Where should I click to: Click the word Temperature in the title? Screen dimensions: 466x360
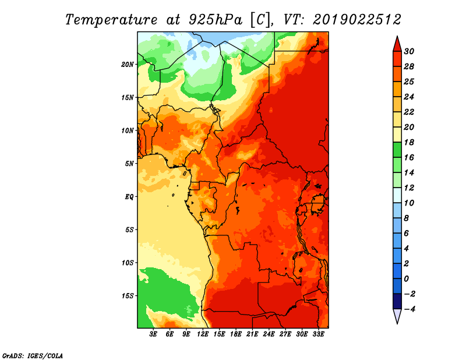click(x=111, y=20)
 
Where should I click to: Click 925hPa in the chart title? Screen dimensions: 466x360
click(x=216, y=20)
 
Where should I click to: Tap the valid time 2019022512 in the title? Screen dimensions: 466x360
click(x=357, y=20)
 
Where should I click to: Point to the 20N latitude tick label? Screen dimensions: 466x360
click(x=128, y=65)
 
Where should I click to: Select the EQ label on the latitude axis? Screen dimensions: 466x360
click(x=129, y=197)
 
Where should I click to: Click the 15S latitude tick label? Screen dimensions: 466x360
click(x=128, y=296)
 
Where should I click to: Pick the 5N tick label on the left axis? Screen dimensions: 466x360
click(x=129, y=164)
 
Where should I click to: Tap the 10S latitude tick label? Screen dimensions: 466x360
click(x=128, y=263)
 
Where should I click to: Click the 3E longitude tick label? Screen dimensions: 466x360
click(x=153, y=334)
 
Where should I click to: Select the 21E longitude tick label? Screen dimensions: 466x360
click(x=252, y=334)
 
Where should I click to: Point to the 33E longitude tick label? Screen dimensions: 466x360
click(x=318, y=334)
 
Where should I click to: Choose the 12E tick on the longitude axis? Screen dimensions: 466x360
click(x=203, y=334)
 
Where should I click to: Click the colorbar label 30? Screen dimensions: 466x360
click(x=409, y=51)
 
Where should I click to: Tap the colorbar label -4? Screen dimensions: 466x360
click(x=409, y=309)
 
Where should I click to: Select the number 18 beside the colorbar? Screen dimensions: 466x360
click(x=409, y=142)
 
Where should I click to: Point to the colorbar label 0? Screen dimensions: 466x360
click(x=406, y=279)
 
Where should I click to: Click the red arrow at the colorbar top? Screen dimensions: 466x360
click(x=397, y=44)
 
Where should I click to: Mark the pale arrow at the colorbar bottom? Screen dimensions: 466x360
click(x=397, y=316)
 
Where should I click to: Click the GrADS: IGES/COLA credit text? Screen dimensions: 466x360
click(x=33, y=356)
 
